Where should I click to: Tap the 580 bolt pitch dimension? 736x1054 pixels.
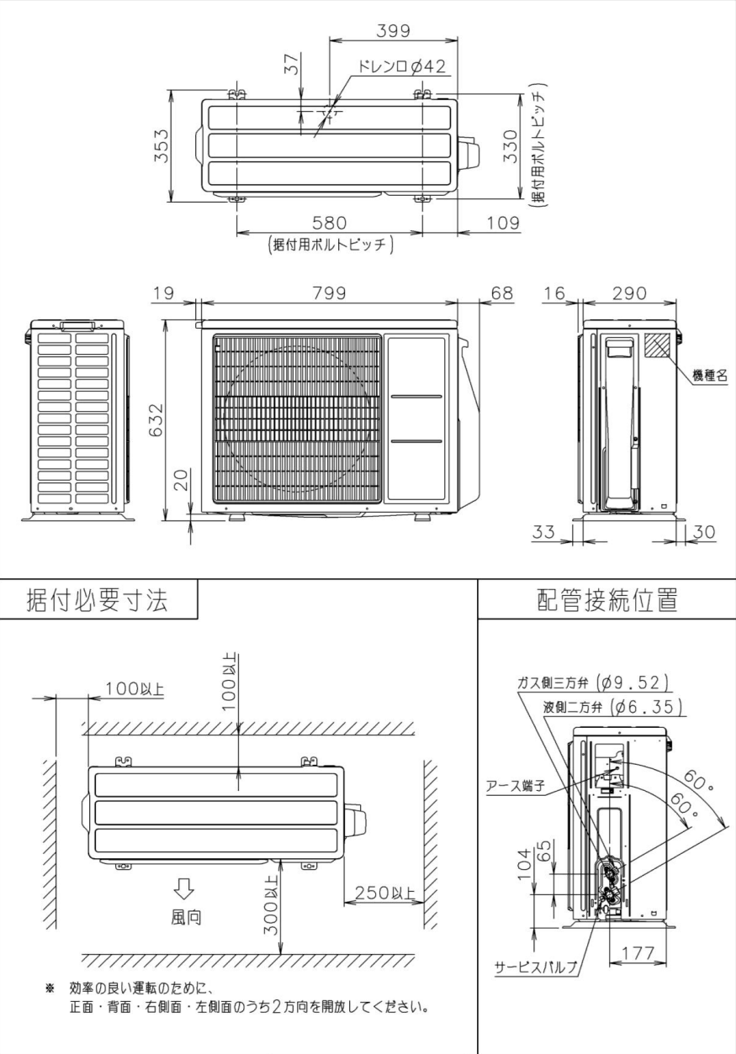(x=330, y=223)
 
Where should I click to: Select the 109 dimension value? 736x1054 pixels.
(x=490, y=223)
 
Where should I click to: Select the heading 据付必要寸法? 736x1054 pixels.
(x=97, y=600)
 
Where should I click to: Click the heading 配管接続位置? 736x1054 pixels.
(x=606, y=600)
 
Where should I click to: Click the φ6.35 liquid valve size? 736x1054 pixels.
(x=643, y=706)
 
